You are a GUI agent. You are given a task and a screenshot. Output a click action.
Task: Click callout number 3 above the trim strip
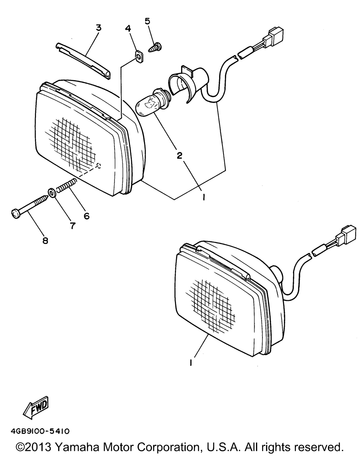point(98,27)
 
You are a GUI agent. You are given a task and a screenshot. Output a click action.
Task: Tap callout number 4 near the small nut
point(128,28)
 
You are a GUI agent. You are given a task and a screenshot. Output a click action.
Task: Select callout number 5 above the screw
point(148,21)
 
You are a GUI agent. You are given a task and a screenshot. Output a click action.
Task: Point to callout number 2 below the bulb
point(179,155)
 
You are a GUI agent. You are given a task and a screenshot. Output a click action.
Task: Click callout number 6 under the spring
point(86,216)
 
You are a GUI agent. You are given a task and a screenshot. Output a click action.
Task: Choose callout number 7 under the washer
point(72,225)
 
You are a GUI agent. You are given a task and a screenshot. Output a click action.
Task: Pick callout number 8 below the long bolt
point(45,240)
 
